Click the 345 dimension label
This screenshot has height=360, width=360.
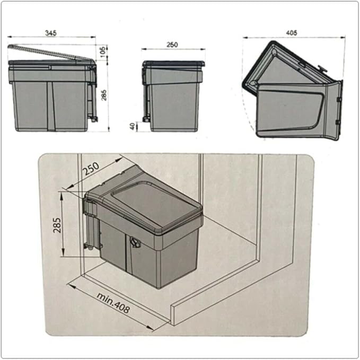[x=51, y=33]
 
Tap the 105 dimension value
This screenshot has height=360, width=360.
[x=103, y=51]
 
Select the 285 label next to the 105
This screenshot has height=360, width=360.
[x=104, y=95]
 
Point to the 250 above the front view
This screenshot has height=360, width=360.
[x=172, y=45]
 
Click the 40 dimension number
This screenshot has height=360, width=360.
[x=132, y=126]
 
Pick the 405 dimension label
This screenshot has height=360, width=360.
[x=292, y=33]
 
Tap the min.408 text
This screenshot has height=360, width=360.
[x=113, y=303]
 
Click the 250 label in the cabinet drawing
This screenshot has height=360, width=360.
[x=91, y=169]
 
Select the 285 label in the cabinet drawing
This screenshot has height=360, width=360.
[x=57, y=225]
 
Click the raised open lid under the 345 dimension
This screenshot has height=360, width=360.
[x=51, y=53]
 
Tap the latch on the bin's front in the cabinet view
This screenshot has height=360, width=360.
[x=135, y=242]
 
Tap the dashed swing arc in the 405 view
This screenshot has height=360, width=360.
[x=248, y=110]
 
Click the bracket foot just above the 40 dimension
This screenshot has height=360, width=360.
[x=146, y=119]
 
